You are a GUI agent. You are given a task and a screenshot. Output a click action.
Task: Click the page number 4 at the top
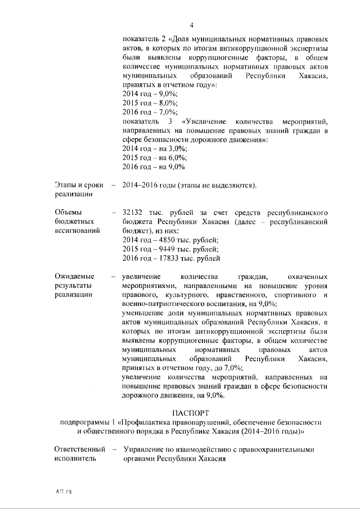coord(191,25)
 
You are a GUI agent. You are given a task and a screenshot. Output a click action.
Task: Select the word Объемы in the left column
coord(69,212)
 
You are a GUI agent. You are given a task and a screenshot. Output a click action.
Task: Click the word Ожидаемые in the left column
coord(74,276)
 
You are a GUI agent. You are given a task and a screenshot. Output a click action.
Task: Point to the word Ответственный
coord(80,450)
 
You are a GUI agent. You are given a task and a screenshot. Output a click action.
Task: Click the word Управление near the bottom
coord(146,450)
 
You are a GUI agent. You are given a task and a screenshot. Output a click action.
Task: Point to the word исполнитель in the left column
coord(75,459)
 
